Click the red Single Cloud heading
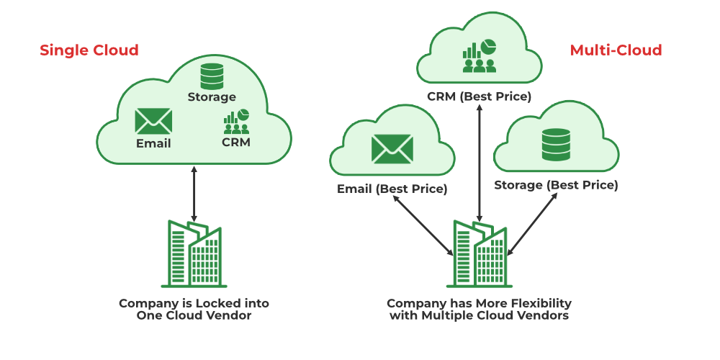[x=89, y=50]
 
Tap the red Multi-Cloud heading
[x=616, y=50]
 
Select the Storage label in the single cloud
[x=212, y=96]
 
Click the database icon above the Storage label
[x=212, y=76]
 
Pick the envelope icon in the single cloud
[x=153, y=121]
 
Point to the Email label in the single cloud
[x=153, y=143]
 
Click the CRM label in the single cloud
[x=236, y=143]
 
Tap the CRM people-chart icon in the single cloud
[x=236, y=122]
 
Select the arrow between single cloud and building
[x=194, y=193]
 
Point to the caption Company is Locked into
[x=194, y=303]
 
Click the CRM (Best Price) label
[x=479, y=96]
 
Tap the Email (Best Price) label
[x=392, y=189]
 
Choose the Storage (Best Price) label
[x=556, y=185]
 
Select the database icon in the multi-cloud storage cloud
[x=556, y=145]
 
